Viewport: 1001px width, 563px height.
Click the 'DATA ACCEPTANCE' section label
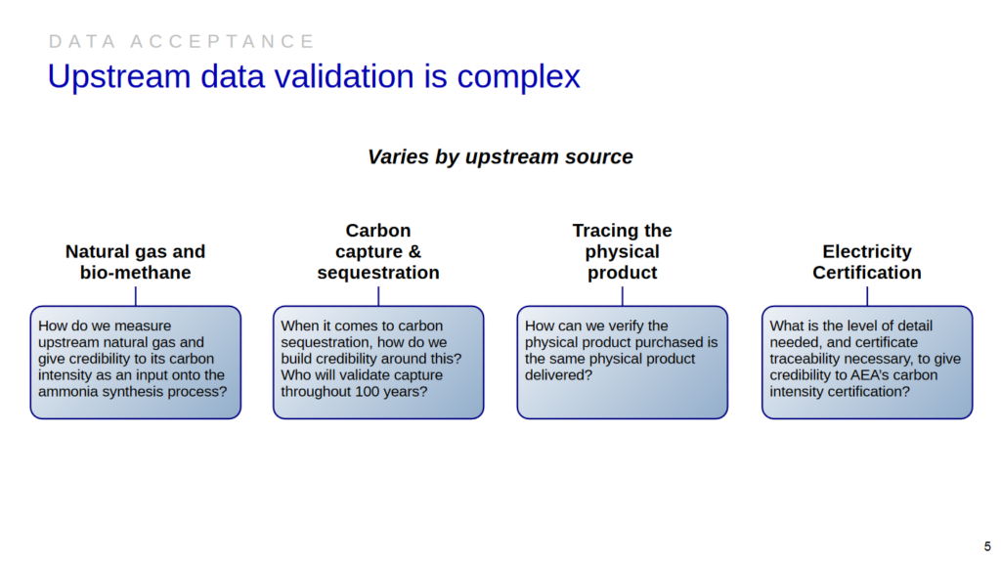(182, 41)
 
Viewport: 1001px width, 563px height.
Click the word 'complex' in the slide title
(518, 76)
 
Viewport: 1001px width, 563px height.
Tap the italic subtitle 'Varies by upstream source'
(500, 156)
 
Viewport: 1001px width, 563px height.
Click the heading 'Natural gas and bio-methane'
(135, 262)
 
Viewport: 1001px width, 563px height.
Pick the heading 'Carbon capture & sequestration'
(378, 251)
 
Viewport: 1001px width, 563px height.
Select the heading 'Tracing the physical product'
(622, 251)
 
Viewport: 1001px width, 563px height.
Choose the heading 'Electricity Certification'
(866, 262)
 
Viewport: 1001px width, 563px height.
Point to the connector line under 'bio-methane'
(135, 295)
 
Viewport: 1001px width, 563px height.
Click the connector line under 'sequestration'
(378, 295)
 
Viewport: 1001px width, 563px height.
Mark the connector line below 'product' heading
(622, 295)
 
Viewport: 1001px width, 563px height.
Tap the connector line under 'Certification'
(866, 295)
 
